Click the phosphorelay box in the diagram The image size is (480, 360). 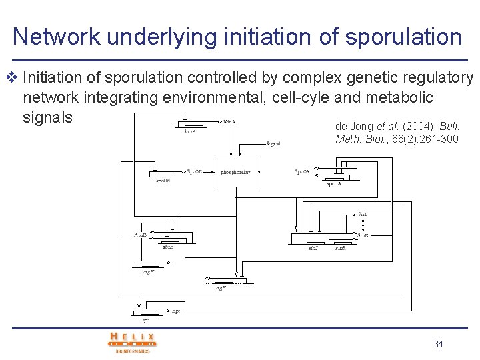coord(236,172)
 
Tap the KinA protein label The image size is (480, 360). coord(229,122)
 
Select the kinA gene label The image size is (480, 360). coord(190,131)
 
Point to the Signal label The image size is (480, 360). coord(273,143)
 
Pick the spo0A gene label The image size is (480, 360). coord(334,183)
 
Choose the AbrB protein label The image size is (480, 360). coord(140,235)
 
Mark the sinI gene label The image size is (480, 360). coord(313,248)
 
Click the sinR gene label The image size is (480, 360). coord(340,248)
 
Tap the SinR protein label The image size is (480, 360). coord(363,235)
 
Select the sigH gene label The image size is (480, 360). coord(149,271)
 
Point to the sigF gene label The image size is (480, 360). coord(221,288)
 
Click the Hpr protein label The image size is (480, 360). coord(176,311)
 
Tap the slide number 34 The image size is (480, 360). coord(438,344)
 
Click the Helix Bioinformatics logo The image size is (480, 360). coord(133,341)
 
